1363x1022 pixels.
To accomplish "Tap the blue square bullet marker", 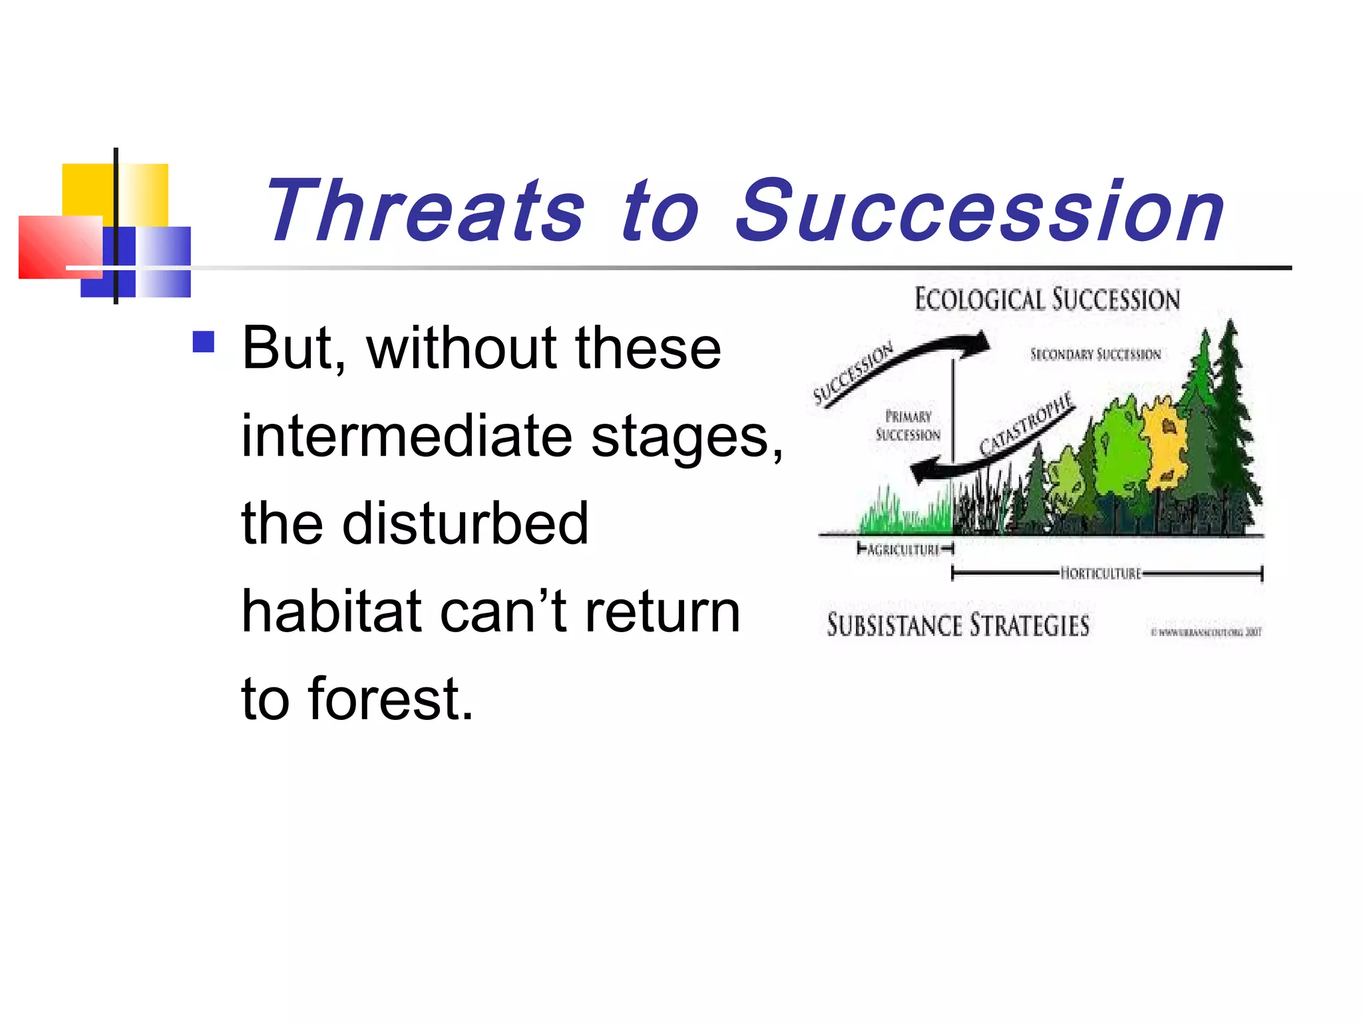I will pyautogui.click(x=204, y=342).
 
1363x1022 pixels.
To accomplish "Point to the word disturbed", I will pyautogui.click(x=465, y=524).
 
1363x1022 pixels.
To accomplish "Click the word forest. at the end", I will pyautogui.click(x=391, y=699).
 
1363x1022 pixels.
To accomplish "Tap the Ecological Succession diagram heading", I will pyautogui.click(x=1047, y=299).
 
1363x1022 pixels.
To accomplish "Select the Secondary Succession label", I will pyautogui.click(x=1095, y=355).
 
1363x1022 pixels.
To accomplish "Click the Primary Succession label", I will pyautogui.click(x=908, y=426).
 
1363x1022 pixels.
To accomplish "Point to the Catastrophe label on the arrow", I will pyautogui.click(x=1027, y=424).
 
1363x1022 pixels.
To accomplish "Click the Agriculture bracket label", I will pyautogui.click(x=903, y=550).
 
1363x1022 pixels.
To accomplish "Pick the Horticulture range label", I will pyautogui.click(x=1100, y=574).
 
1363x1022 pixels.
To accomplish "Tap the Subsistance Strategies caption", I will pyautogui.click(x=958, y=626).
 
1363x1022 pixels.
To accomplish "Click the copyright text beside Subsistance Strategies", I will pyautogui.click(x=1206, y=632).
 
